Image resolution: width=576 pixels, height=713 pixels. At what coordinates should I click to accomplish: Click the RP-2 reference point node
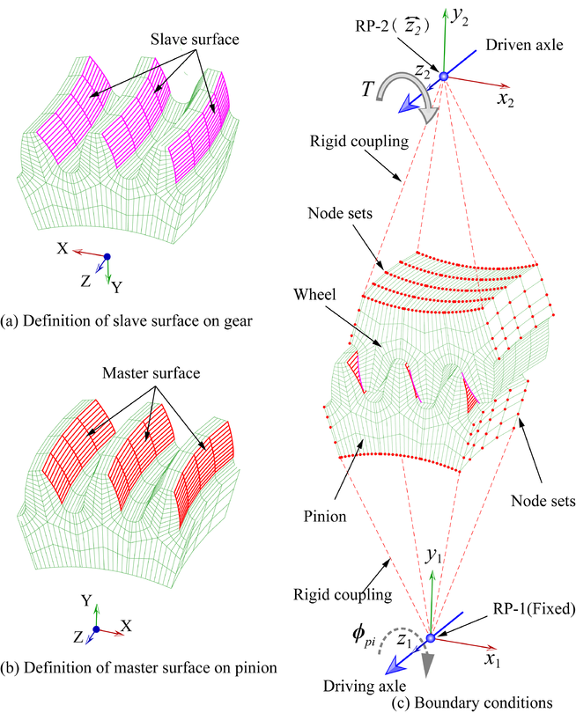point(445,77)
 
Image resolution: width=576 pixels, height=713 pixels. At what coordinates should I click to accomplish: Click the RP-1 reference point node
point(430,638)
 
